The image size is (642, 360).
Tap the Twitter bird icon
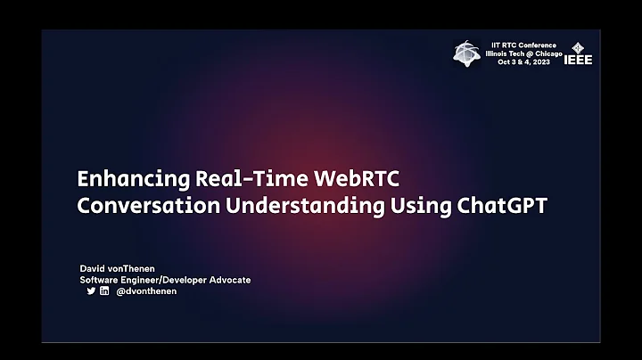tap(91, 290)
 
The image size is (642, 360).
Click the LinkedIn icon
tap(104, 290)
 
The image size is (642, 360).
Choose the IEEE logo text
tap(578, 60)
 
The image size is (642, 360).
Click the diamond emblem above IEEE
tap(578, 46)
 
